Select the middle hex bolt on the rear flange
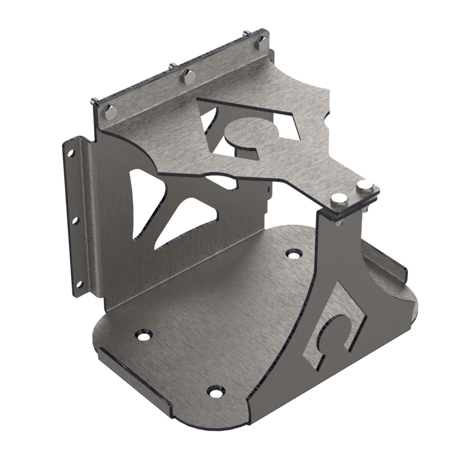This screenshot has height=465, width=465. pyautogui.click(x=188, y=75)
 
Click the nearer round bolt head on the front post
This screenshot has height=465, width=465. pyautogui.click(x=338, y=201)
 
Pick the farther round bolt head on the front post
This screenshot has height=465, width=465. pyautogui.click(x=364, y=186)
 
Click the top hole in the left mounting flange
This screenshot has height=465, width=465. pyautogui.click(x=71, y=153)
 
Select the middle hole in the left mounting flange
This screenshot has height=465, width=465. pyautogui.click(x=74, y=220)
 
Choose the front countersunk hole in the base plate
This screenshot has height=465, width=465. pyautogui.click(x=216, y=392)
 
